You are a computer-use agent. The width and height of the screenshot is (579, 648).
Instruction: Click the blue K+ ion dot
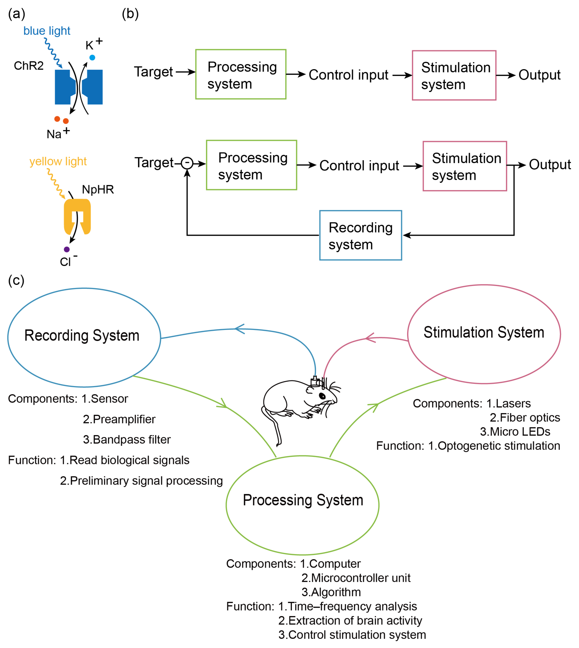(x=92, y=58)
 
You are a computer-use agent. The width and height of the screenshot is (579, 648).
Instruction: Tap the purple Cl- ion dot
(x=67, y=249)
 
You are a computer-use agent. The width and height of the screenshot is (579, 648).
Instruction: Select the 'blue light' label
(x=47, y=31)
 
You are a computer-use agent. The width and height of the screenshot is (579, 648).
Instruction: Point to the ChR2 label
(x=29, y=66)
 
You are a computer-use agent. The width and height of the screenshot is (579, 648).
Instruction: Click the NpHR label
(x=98, y=190)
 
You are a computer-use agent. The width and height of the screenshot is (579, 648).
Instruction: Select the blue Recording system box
(x=361, y=235)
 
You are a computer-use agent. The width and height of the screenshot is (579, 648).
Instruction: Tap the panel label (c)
(x=16, y=281)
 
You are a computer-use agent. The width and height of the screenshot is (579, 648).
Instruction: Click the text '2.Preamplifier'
(x=119, y=419)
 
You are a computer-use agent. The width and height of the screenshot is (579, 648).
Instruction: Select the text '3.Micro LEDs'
(x=515, y=432)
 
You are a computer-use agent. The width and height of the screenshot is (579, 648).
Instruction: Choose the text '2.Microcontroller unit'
(x=356, y=578)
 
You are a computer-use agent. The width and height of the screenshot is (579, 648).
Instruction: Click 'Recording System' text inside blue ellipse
(x=82, y=336)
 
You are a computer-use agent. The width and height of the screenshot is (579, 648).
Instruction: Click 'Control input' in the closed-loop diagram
(x=359, y=166)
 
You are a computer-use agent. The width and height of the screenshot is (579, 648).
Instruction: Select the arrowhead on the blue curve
(x=239, y=329)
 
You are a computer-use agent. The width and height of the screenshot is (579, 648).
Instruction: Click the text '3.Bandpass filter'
(x=127, y=440)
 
